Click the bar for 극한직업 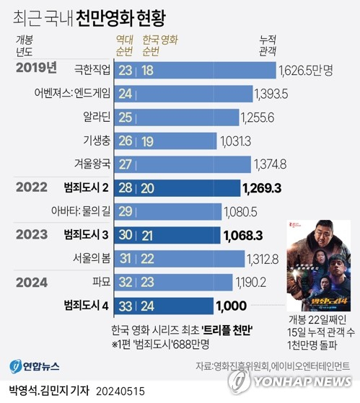tap(196, 70)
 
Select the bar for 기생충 tap(165, 141)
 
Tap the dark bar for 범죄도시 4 tap(164, 306)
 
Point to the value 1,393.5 tap(271, 94)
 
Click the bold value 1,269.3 tap(262, 188)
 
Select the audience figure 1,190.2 tap(251, 283)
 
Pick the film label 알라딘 tap(97, 117)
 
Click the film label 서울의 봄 tap(92, 258)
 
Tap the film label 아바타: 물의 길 tap(81, 211)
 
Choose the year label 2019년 tap(36, 68)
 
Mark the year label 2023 tap(32, 234)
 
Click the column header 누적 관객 tap(268, 45)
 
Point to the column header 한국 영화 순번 tap(160, 45)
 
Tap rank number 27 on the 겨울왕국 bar tap(126, 164)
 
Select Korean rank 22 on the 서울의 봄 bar tap(147, 259)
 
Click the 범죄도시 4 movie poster tap(319, 265)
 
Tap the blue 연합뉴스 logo tap(35, 366)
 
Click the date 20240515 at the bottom tap(120, 391)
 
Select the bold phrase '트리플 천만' tap(227, 330)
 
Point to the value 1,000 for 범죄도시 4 tap(232, 306)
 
